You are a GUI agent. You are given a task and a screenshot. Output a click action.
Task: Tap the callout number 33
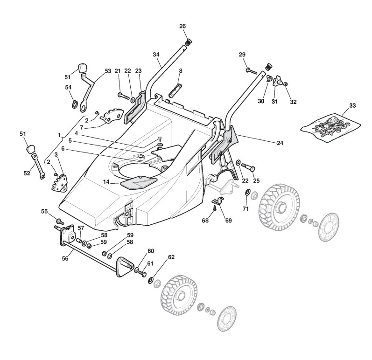click(x=352, y=105)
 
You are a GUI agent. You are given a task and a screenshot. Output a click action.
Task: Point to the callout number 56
click(x=65, y=258)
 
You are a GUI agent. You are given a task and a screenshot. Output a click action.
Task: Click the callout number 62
click(x=171, y=257)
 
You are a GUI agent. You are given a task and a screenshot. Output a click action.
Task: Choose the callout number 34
click(x=156, y=55)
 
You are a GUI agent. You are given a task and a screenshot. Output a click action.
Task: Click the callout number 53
click(x=108, y=71)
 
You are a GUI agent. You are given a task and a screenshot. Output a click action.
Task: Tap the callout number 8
click(x=181, y=71)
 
